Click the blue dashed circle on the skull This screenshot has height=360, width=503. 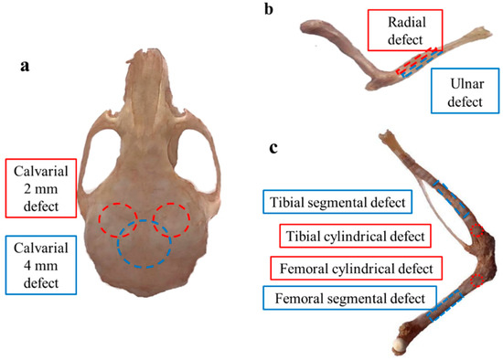tap(144, 242)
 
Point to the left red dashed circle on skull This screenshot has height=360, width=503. tap(116, 218)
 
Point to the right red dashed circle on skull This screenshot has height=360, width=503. tap(172, 218)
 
